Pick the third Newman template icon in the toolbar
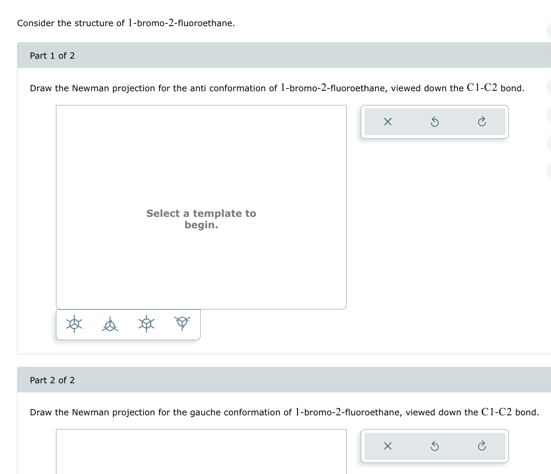[146, 324]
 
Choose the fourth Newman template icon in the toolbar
[182, 323]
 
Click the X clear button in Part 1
[387, 122]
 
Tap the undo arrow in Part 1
[435, 122]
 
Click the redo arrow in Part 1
[481, 122]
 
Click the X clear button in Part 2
[387, 446]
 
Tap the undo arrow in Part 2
[435, 446]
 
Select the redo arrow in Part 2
[481, 446]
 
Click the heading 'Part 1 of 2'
[52, 55]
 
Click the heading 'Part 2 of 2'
[52, 380]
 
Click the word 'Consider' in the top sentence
[36, 23]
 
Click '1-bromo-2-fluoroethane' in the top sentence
[181, 23]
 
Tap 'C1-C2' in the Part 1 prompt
[482, 88]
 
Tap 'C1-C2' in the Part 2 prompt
[496, 412]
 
